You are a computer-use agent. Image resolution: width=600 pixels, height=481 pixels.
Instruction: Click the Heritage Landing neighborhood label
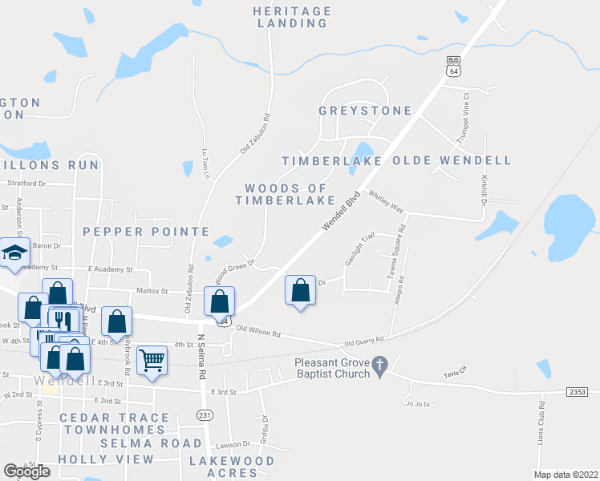pos(291,17)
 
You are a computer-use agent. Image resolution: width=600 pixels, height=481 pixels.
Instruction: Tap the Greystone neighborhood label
pos(364,111)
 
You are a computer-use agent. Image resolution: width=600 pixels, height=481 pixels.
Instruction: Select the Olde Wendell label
pos(452,160)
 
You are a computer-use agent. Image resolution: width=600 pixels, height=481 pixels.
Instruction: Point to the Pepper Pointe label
pos(146,232)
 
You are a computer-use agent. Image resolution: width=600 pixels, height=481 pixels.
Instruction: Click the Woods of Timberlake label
pos(285,194)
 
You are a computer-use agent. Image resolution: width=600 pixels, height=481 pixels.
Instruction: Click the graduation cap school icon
pos(14,253)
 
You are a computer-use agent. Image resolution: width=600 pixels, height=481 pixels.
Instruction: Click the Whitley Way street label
pos(385,200)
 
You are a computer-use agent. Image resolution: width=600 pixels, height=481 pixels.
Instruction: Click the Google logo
pos(26,471)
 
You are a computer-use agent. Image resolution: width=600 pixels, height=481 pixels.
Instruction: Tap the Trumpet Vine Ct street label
pos(463,119)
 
